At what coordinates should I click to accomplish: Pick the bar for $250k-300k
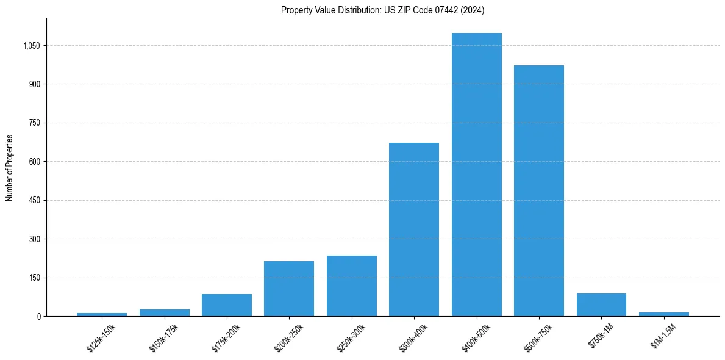tap(351, 286)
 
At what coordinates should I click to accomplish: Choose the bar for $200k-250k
tap(289, 289)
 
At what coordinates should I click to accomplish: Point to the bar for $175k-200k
tap(226, 305)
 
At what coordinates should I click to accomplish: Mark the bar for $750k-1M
tap(601, 304)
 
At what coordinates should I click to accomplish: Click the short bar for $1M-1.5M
tap(663, 314)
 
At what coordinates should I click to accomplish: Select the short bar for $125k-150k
tap(102, 314)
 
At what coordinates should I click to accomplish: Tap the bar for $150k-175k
tap(164, 312)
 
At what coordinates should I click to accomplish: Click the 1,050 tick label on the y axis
tap(30, 46)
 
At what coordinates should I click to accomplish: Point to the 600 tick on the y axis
tap(34, 162)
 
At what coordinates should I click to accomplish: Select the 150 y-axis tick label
tap(34, 278)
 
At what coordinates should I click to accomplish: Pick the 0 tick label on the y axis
tap(38, 317)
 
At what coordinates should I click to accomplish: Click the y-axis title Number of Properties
tap(10, 168)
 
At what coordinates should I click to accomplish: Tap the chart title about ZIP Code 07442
tap(382, 10)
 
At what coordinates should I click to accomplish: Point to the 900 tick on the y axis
tap(34, 84)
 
